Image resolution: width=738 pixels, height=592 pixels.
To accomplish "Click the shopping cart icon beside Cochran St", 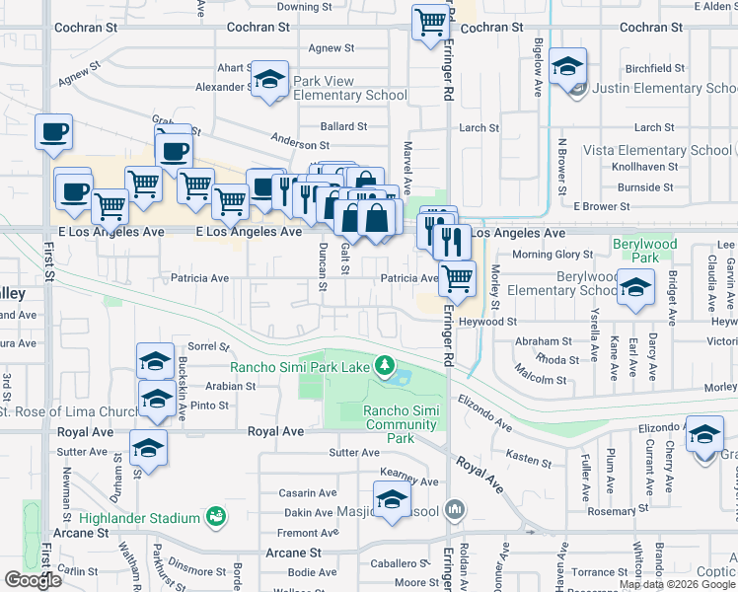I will point(431,23).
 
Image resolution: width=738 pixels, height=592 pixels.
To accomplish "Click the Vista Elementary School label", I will point(657,151).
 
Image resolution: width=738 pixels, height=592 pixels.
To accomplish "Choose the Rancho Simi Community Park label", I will point(400,424).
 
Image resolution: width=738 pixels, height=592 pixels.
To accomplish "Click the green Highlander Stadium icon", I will point(215,516).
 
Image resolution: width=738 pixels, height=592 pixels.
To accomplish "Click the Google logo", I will point(33,580).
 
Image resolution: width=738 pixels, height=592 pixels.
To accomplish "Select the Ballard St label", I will point(343,127).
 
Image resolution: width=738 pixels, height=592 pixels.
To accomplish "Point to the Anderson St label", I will point(300,143).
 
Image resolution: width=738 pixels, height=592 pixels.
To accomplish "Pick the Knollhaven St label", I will point(642,168).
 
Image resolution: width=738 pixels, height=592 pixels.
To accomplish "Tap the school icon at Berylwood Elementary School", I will point(635,287).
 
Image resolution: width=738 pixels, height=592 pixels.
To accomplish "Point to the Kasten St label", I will point(528,460).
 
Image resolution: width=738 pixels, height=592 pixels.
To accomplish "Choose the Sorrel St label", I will point(208,347).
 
